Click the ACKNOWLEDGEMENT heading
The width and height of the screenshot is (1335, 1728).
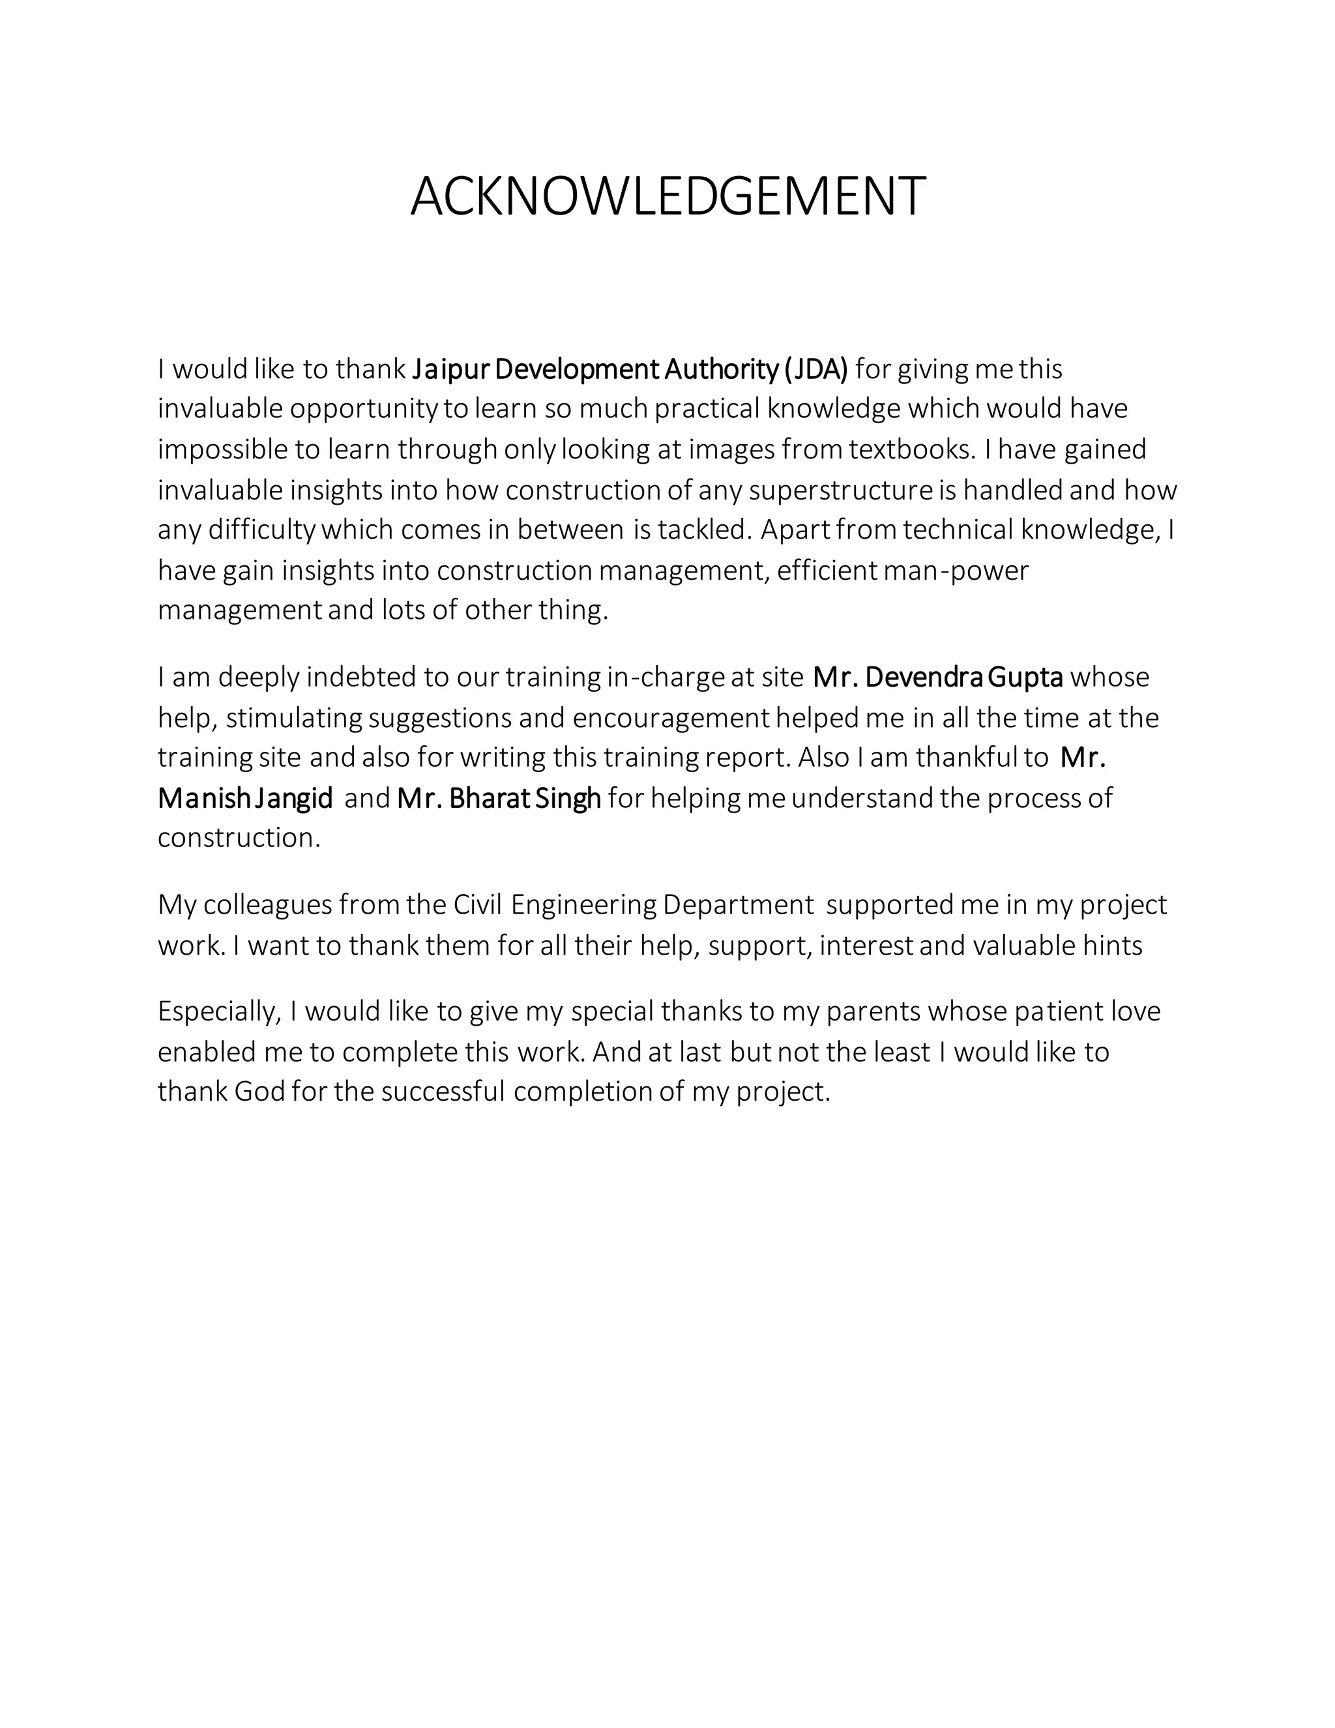click(x=667, y=196)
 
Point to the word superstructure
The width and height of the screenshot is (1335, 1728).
click(x=841, y=490)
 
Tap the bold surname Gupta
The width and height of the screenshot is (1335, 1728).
click(x=1025, y=678)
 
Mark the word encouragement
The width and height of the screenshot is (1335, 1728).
click(x=670, y=719)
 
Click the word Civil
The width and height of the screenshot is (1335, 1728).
click(x=478, y=905)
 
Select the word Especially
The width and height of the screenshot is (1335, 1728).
click(x=219, y=1012)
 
